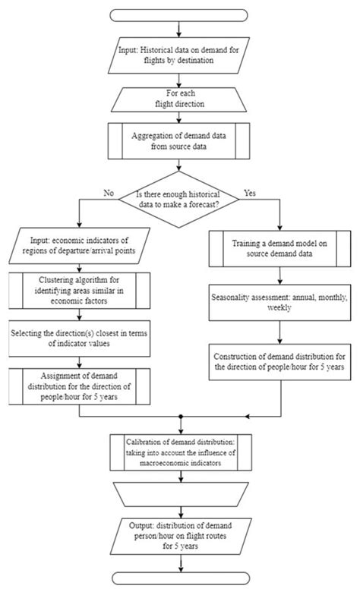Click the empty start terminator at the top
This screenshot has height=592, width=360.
pos(179,14)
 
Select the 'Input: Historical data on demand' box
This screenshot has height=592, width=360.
pos(179,55)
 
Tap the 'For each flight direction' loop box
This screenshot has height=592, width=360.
pos(179,97)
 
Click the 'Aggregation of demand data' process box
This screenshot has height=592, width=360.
pos(179,140)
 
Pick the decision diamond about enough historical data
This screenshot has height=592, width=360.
pos(179,202)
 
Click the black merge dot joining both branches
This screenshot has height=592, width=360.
pos(179,416)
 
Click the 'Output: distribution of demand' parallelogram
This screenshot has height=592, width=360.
pos(179,535)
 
